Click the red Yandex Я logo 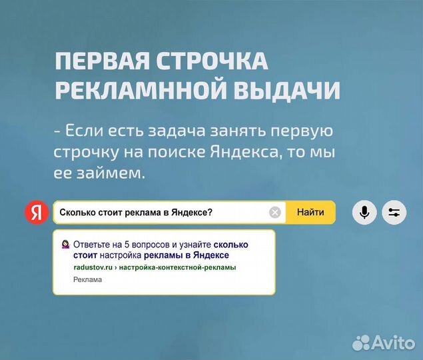[37, 213]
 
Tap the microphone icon [364, 213]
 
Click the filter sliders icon [394, 213]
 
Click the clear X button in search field [275, 213]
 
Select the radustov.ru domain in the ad [93, 267]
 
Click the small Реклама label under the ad [87, 279]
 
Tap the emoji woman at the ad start [65, 244]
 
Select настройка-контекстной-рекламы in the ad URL [179, 267]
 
